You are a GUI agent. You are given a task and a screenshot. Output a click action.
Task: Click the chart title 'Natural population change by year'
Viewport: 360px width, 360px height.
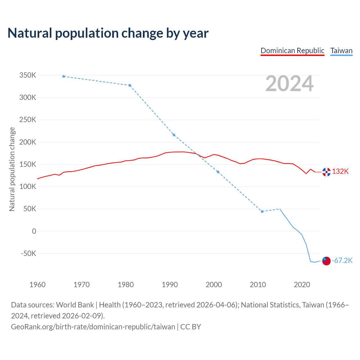coord(108,33)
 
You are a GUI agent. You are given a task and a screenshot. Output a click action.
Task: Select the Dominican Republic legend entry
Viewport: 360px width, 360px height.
coord(292,51)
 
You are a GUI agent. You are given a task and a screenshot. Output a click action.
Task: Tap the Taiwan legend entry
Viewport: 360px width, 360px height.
coord(341,51)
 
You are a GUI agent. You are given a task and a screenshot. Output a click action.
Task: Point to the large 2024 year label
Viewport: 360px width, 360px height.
coord(289,84)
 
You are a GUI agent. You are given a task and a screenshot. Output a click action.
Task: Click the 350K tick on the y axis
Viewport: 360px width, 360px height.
coord(28,75)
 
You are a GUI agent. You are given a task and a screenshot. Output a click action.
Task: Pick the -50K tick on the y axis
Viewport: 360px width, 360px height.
coord(29,253)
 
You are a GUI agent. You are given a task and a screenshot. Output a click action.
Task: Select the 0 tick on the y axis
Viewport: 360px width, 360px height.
coord(34,231)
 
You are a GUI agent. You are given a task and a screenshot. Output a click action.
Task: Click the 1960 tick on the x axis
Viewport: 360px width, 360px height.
coord(37,285)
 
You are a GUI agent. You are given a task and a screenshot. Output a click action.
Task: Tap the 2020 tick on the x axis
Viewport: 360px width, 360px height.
coord(302,285)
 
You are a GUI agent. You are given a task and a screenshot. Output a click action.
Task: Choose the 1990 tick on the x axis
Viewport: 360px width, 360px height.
coord(170,285)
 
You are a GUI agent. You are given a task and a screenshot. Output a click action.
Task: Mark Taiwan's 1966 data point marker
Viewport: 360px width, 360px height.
coord(64,76)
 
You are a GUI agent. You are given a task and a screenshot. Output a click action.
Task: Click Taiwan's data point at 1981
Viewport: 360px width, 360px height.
coord(130,85)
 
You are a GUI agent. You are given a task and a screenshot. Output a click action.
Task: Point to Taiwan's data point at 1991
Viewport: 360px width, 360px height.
coord(174,135)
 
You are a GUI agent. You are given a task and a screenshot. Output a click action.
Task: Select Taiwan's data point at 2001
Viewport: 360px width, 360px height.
coord(218,172)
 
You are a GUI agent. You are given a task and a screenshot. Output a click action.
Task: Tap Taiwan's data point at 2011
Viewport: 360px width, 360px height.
coord(262,211)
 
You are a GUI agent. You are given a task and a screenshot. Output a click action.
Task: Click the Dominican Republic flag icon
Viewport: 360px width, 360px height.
coord(326,172)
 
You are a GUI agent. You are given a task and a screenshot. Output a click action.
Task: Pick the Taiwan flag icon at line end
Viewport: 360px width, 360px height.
coord(326,261)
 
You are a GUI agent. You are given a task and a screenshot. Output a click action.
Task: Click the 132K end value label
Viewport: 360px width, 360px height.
coord(340,172)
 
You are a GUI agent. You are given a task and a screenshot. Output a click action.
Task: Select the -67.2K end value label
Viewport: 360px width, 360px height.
coord(342,261)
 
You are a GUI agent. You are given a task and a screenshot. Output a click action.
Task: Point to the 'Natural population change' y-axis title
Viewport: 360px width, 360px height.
coord(12,169)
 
